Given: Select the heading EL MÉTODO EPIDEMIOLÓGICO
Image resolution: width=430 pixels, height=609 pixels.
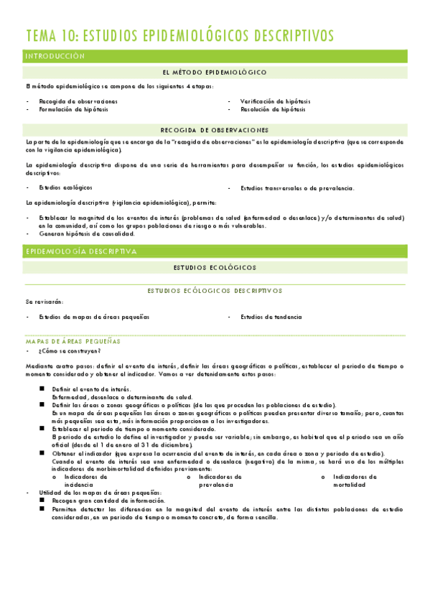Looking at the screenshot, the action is click(x=215, y=73).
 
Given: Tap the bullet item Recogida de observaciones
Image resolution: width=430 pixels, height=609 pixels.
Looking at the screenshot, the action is click(x=78, y=101).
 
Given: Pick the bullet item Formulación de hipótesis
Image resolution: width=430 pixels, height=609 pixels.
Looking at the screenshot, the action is click(x=74, y=109).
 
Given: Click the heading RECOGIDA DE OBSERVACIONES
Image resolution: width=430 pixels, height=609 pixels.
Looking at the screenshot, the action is click(x=215, y=130).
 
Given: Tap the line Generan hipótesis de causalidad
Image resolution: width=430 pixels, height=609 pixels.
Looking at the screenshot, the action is click(x=87, y=233).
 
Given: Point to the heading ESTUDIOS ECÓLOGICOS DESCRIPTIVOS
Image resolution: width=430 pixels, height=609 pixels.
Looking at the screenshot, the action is click(x=215, y=291).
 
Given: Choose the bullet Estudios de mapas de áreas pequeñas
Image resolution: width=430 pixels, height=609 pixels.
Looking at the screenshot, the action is click(x=94, y=317).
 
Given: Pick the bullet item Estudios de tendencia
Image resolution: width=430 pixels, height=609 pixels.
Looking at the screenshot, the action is click(x=271, y=317).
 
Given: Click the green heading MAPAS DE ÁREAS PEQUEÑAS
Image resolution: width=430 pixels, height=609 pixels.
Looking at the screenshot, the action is click(x=73, y=340).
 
